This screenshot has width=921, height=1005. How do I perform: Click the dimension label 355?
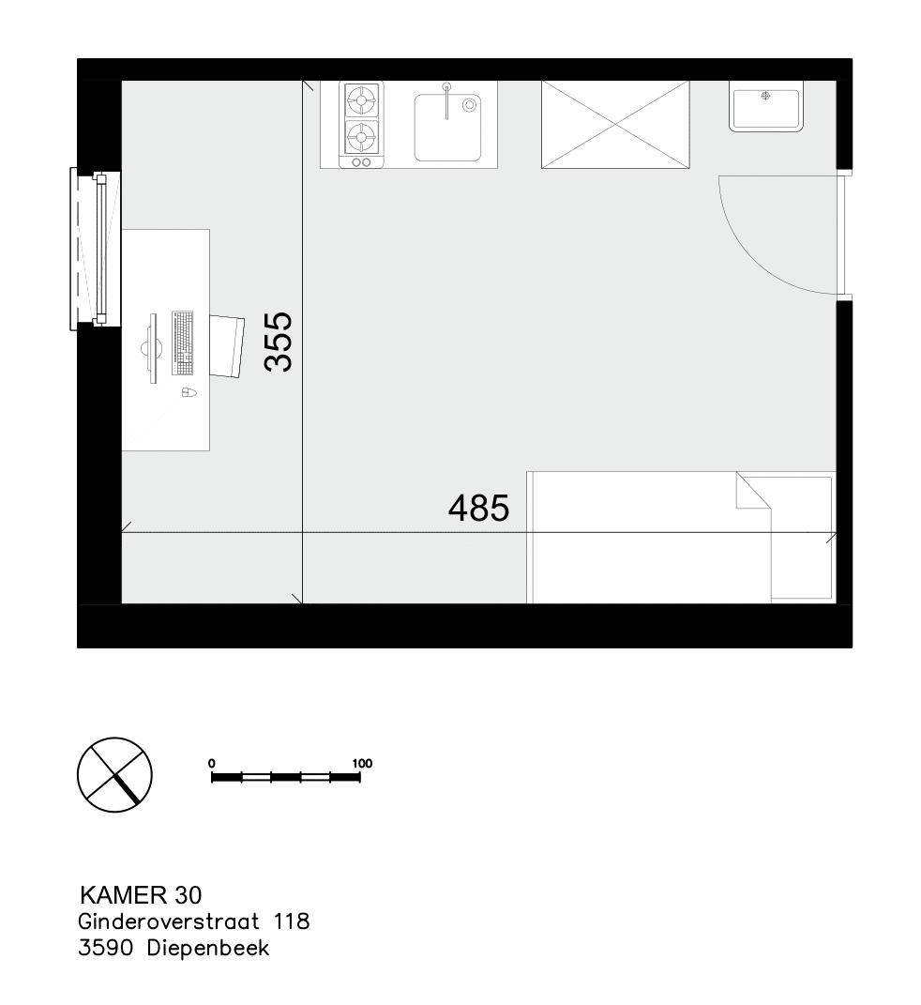(x=278, y=342)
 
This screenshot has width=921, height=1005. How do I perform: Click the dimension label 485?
(x=478, y=509)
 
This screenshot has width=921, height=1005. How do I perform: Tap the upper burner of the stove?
(x=361, y=100)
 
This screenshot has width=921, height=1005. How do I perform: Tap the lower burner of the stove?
(x=361, y=136)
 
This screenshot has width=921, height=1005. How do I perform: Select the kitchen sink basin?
(x=447, y=128)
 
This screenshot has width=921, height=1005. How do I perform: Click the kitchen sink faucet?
(x=447, y=100)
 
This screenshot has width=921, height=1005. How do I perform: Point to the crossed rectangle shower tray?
(x=615, y=125)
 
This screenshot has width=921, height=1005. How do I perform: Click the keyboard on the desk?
(x=183, y=343)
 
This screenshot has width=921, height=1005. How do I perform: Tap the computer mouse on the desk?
(x=188, y=391)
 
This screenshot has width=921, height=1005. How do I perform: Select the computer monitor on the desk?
(x=151, y=348)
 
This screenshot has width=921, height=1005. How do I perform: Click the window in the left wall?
(x=95, y=249)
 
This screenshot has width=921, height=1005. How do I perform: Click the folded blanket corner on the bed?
(x=753, y=491)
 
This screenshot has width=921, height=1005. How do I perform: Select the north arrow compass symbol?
(x=114, y=775)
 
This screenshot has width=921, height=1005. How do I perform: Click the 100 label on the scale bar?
(x=362, y=763)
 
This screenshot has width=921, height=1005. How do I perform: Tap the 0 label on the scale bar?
(x=212, y=763)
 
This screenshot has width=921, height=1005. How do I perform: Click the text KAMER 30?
(x=141, y=895)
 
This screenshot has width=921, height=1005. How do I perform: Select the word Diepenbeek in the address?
(x=208, y=948)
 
